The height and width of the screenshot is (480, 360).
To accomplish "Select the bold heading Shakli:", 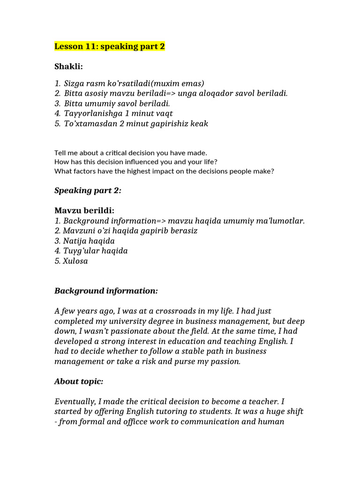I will pos(68,67).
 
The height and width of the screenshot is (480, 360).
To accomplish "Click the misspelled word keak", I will pos(199,124).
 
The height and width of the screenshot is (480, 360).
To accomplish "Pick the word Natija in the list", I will pos(75,241).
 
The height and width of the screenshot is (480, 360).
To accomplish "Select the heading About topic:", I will pos(79,382).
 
